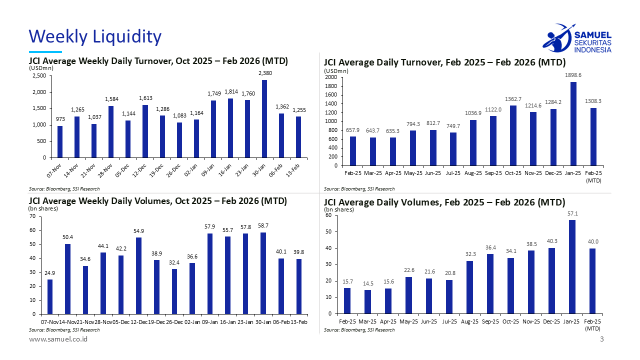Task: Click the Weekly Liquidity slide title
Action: click(95, 36)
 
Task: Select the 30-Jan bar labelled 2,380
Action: click(264, 119)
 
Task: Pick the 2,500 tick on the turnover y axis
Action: click(39, 76)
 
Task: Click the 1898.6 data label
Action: click(573, 75)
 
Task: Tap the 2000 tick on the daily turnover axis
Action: click(330, 77)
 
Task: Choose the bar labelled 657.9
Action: click(352, 151)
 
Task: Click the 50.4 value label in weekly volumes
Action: click(67, 237)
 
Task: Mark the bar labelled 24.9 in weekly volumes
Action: click(50, 297)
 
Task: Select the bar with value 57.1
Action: click(572, 267)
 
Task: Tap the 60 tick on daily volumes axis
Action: click(328, 215)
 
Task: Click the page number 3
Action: click(602, 340)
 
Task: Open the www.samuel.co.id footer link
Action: click(58, 339)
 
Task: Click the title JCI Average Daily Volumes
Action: click(444, 202)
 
